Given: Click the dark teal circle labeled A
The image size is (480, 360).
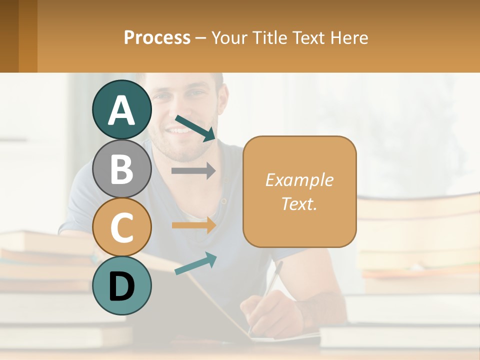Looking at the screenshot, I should point(122,110).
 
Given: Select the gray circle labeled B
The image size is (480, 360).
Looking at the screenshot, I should point(122,169).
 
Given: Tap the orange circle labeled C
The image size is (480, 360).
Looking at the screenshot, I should point(122,227).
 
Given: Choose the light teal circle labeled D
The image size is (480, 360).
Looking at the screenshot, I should point(122,285).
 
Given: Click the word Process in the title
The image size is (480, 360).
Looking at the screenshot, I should point(157,37).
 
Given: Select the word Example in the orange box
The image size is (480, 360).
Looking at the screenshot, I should point(299,180).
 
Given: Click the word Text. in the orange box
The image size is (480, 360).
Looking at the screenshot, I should point(299,203).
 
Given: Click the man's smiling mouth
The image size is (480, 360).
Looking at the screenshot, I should point(179,131).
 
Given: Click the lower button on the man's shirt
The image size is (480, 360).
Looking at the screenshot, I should point(224,201).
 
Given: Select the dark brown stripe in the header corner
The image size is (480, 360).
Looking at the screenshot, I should point(9,36).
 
